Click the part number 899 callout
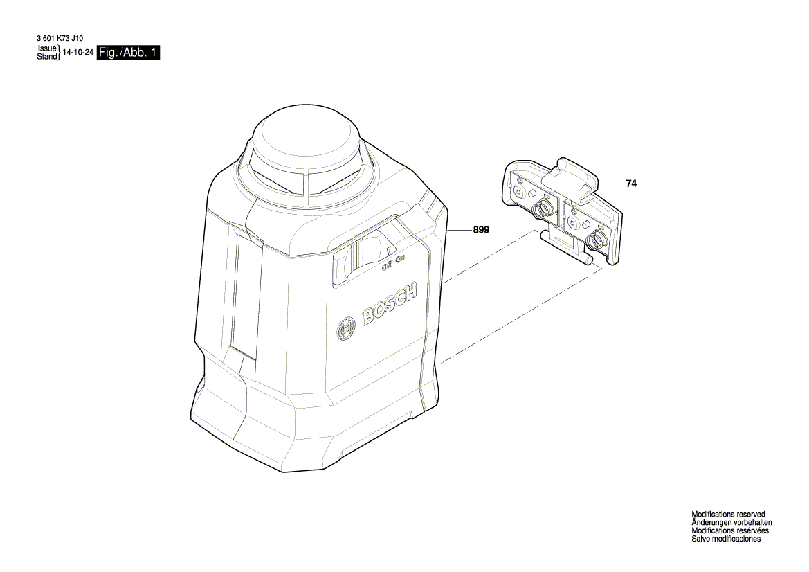coord(481,231)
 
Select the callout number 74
coord(630,184)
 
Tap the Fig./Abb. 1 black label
coord(129,53)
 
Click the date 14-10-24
coord(78,53)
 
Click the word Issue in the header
coord(46,49)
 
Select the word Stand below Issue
coord(46,57)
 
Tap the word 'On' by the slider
coord(400,259)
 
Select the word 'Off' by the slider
coord(388,265)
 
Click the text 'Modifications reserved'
coord(728,515)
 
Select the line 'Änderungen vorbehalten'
coord(731,523)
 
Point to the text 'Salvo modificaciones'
coord(726,539)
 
